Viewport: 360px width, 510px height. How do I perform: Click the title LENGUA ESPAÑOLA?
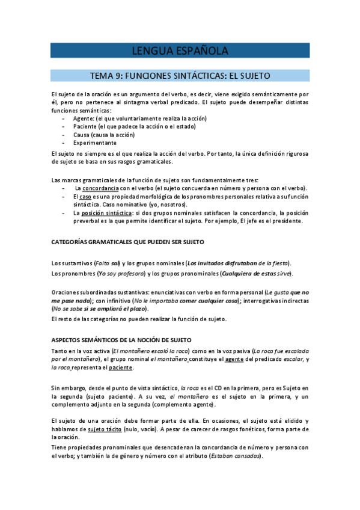pos(180,51)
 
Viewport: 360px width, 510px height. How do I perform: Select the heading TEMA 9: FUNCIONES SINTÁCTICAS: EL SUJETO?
pos(180,76)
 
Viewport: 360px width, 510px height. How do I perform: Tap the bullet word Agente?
pos(83,118)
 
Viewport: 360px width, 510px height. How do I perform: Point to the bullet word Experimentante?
pos(95,143)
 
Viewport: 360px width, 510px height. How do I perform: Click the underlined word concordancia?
pos(100,188)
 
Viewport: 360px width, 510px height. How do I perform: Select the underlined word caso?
pos(86,197)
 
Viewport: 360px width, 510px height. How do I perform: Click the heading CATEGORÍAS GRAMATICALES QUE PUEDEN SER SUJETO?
pos(128,242)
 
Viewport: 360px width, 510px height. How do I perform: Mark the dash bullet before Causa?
pos(64,135)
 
